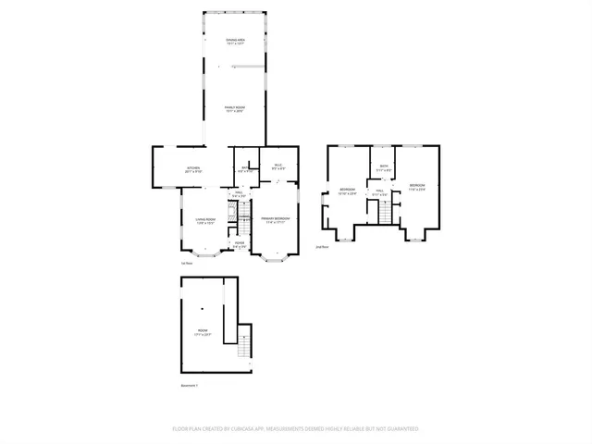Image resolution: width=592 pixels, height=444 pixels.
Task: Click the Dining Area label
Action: [x=235, y=42]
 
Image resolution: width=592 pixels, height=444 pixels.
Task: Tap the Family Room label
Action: [x=235, y=109]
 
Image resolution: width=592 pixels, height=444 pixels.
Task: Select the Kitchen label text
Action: [x=193, y=170]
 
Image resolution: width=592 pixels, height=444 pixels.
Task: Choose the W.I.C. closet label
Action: [x=277, y=167]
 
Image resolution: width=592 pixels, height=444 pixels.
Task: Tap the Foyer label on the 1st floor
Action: [x=239, y=245]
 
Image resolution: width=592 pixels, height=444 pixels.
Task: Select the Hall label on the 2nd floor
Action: [x=378, y=193]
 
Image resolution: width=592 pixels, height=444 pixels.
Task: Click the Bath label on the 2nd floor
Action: [x=384, y=168]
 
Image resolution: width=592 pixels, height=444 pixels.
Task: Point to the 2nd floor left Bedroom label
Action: [x=347, y=192]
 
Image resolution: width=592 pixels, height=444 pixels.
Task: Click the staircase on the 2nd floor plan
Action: [x=385, y=212]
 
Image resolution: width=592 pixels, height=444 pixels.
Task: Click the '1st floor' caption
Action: [x=187, y=264]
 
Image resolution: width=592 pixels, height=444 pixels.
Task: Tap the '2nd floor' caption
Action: [x=323, y=247]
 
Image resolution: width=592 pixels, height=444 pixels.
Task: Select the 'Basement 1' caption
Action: [x=189, y=385]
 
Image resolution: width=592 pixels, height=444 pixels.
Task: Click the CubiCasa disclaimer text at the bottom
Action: [x=296, y=429]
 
